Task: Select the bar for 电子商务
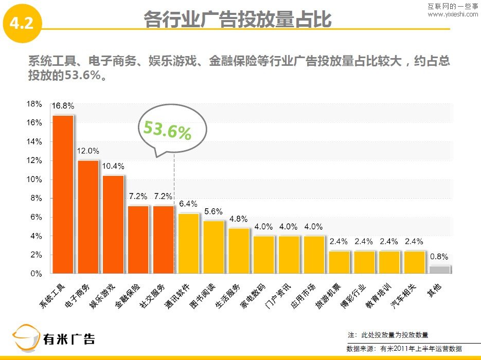pos(88,217)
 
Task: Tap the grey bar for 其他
pos(440,269)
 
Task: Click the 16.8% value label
pos(63,106)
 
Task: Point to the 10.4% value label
pos(113,167)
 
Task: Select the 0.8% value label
pos(439,257)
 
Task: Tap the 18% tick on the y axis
pos(34,104)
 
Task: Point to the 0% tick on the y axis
pos(36,274)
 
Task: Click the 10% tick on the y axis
pos(34,179)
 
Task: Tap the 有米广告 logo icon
pos(26,338)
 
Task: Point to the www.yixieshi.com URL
pos(453,14)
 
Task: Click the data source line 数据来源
pos(404,349)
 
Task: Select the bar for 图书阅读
pos(213,247)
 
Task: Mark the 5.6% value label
pos(213,211)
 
